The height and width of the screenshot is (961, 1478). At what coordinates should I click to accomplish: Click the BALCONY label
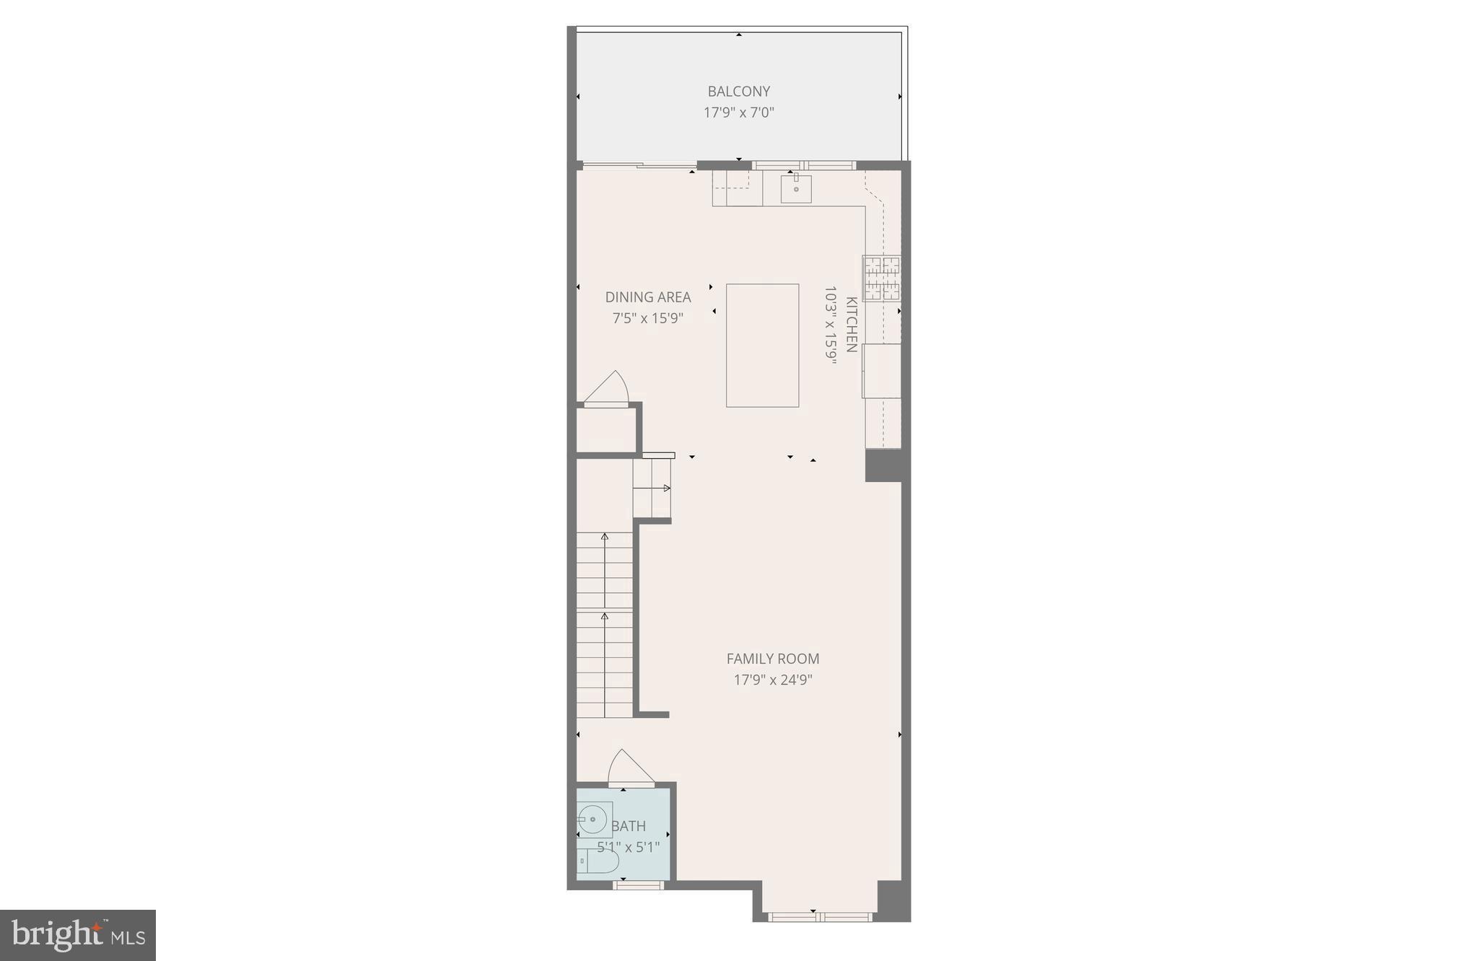pyautogui.click(x=738, y=92)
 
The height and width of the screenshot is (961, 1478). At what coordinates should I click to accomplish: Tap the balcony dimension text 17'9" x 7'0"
pyautogui.click(x=738, y=113)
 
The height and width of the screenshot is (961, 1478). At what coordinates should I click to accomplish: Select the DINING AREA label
pyautogui.click(x=647, y=297)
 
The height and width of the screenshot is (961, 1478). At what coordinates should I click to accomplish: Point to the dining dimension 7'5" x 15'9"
pyautogui.click(x=647, y=318)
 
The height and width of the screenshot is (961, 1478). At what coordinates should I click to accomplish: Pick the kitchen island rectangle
pyautogui.click(x=762, y=345)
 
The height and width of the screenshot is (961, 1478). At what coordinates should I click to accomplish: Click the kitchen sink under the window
pyautogui.click(x=796, y=188)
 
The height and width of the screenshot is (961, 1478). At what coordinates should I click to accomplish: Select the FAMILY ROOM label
pyautogui.click(x=772, y=659)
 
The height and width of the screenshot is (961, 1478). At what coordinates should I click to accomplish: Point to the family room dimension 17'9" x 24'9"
pyautogui.click(x=772, y=680)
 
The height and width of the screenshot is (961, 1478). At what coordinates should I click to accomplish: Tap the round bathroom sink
pyautogui.click(x=593, y=820)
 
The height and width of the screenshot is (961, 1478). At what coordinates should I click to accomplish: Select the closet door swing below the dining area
pyautogui.click(x=609, y=390)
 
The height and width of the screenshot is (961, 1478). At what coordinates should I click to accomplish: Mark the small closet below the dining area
pyautogui.click(x=605, y=431)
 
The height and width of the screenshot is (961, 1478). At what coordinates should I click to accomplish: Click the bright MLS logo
pyautogui.click(x=78, y=935)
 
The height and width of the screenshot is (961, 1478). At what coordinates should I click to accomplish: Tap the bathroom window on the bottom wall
pyautogui.click(x=638, y=885)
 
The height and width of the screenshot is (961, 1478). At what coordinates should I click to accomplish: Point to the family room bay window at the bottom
pyautogui.click(x=820, y=917)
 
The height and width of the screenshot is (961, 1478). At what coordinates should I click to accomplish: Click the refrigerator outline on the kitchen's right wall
pyautogui.click(x=882, y=371)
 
